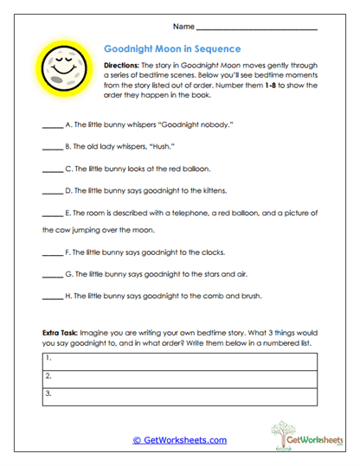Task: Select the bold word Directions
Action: [124, 66]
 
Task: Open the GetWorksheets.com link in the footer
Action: [179, 439]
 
